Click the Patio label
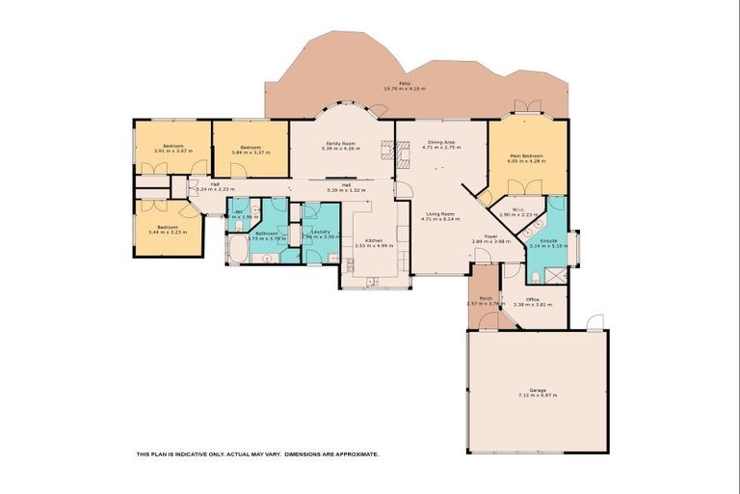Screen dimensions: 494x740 (x=404, y=84)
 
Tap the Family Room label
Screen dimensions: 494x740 (x=340, y=143)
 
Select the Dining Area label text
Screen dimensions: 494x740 (x=441, y=143)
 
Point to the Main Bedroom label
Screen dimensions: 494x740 (x=526, y=155)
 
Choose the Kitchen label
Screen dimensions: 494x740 (x=374, y=240)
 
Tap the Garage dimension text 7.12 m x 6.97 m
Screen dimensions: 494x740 (x=538, y=395)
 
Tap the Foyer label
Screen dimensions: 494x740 (x=490, y=235)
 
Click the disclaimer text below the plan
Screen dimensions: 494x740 (x=257, y=453)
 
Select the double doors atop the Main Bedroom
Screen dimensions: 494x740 (x=524, y=106)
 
